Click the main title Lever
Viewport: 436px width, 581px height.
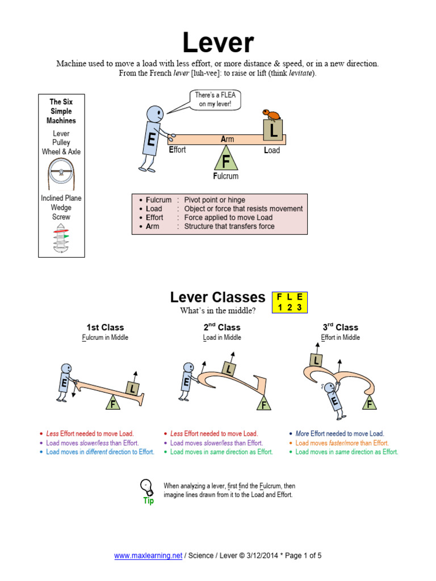218,43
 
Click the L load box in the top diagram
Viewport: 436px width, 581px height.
274,132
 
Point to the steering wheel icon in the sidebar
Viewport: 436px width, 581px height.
61,170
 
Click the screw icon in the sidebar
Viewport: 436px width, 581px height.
61,237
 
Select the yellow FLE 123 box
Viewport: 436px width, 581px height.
291,302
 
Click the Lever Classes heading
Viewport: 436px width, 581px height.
217,297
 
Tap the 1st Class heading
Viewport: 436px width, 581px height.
105,327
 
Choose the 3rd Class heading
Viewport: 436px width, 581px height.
340,327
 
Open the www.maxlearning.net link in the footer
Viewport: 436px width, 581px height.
148,556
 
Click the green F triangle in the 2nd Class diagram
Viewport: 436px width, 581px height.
263,405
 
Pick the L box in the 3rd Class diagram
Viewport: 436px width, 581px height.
316,360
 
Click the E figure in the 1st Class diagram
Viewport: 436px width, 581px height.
64,382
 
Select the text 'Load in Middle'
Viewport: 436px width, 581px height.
222,338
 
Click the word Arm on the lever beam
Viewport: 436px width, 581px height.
227,139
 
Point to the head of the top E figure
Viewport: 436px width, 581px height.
155,113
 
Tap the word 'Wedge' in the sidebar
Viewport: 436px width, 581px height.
61,208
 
